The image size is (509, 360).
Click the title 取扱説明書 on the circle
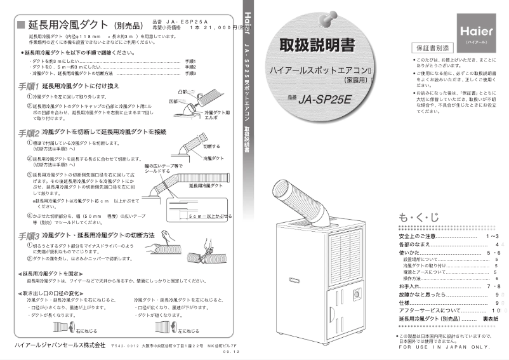click(317, 46)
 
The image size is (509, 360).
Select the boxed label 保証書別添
click(432, 48)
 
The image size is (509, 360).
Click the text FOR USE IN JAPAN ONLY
click(444, 347)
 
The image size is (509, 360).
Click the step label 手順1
click(29, 85)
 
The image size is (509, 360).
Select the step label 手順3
click(29, 236)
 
